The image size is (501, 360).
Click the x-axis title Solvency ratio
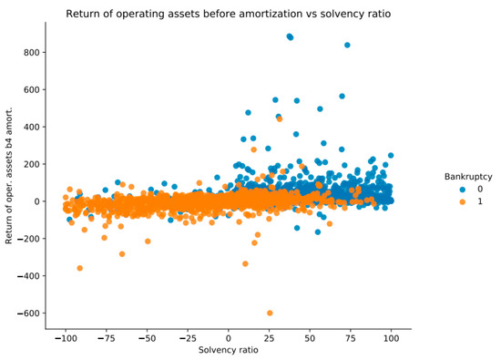[228, 352]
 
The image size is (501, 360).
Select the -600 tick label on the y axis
[29, 313]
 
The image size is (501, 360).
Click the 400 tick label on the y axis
[32, 127]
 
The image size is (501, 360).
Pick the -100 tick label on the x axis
[65, 338]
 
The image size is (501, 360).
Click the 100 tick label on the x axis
[392, 338]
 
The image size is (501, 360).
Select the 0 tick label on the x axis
[229, 338]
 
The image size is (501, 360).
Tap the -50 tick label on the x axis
[147, 338]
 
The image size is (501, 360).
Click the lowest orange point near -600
[270, 313]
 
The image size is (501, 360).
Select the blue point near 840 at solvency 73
[347, 46]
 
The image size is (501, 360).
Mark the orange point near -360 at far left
[80, 268]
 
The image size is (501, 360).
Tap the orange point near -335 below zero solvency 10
[245, 263]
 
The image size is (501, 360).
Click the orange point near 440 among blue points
[279, 119]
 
